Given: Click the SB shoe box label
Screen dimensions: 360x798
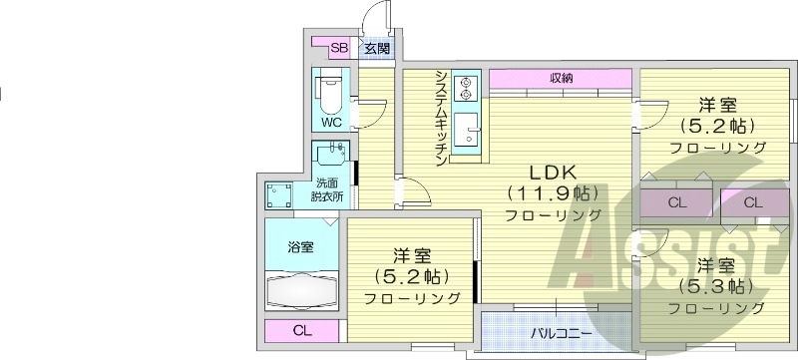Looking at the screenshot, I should pos(339,47).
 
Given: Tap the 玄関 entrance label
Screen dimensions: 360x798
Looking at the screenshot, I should pos(376,47).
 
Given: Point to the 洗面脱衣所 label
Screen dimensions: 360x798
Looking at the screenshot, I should pos(328,189).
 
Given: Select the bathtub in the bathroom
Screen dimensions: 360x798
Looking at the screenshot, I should pos(304,291).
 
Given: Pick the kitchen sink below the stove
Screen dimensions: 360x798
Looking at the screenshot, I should pos(465,130).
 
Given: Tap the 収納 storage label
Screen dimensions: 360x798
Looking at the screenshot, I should pos(561,79).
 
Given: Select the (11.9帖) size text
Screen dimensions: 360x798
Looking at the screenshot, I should pos(553,191).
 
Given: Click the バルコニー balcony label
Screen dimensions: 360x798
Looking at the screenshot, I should pos(561,332).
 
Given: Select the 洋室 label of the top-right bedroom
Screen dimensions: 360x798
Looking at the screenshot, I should pos(717,104).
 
